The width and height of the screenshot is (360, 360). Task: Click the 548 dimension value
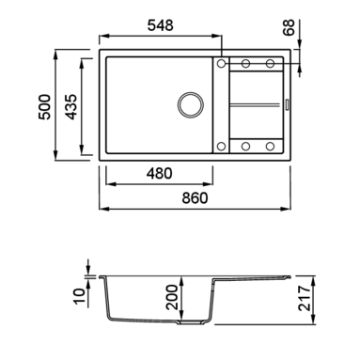pos(160,25)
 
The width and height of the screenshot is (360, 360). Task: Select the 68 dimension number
pos(289,27)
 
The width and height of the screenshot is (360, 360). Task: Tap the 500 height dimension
pos(44,106)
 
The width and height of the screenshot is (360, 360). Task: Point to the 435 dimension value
pos(71,106)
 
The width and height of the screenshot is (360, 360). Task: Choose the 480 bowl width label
pos(159,174)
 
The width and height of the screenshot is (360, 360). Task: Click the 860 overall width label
pos(195,198)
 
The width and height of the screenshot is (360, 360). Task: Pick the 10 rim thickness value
pos(80,296)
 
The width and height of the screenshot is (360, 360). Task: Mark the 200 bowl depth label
pos(172,297)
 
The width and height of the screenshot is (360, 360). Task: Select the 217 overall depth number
pos(305,298)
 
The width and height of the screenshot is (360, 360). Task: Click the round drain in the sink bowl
pos(191,105)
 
